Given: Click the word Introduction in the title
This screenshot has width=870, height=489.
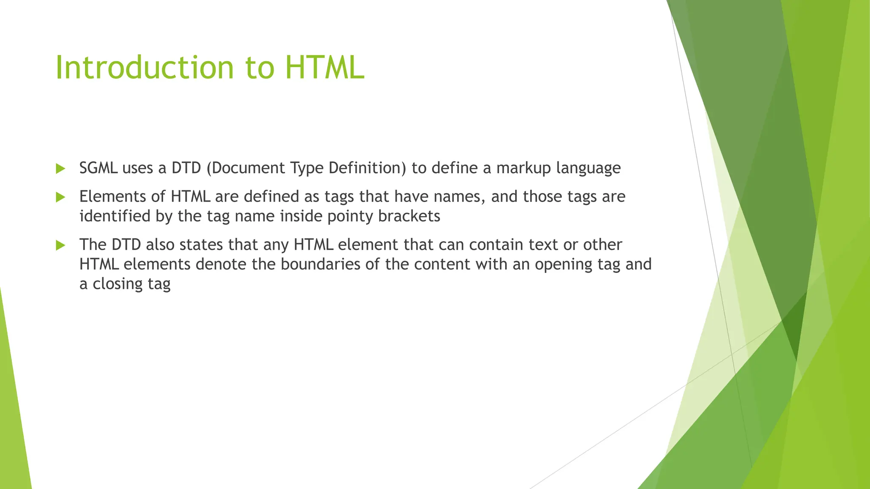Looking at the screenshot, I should coord(145,68).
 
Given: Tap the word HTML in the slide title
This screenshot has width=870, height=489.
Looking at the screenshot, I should coord(325,68).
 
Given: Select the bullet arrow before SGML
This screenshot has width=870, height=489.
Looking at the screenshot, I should coord(60,169).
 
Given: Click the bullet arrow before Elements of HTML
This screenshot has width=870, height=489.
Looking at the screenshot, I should coord(60,197).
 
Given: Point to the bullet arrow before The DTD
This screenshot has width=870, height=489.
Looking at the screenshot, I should coord(60,245).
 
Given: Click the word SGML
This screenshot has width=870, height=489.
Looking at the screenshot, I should coord(99,168).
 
